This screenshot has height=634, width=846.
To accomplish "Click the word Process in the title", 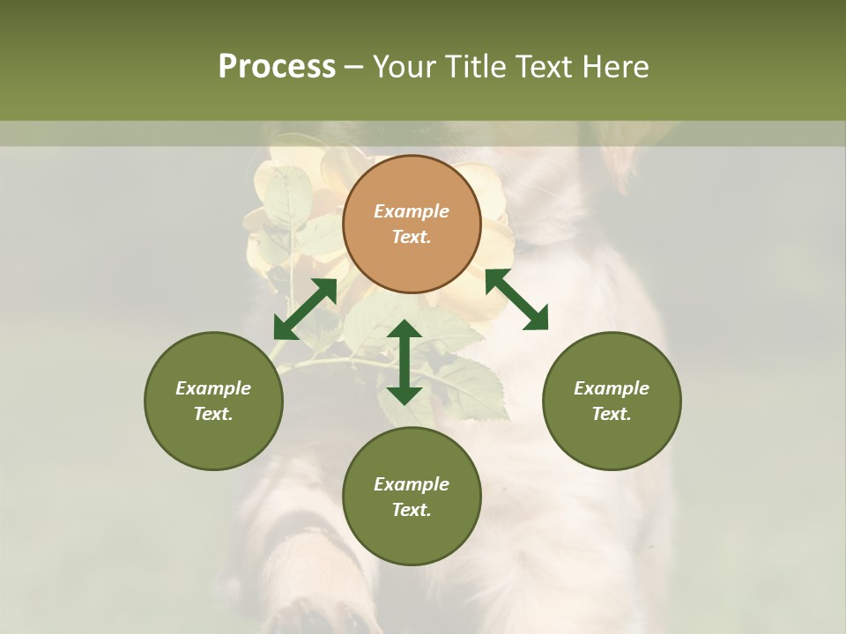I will click(x=277, y=67).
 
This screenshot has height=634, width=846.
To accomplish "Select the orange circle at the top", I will click(x=412, y=224).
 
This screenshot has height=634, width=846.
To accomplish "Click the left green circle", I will click(x=213, y=401).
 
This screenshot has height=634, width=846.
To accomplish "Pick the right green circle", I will click(x=612, y=401).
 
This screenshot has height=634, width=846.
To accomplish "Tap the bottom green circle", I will click(x=412, y=497).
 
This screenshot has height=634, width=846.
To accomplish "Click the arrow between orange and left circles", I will click(x=305, y=309).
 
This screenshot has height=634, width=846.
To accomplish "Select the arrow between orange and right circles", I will click(x=516, y=299).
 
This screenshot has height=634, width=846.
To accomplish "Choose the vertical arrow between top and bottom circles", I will click(x=404, y=362).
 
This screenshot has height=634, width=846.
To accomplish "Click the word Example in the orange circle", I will click(x=412, y=211).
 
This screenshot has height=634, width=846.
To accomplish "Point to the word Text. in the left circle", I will click(x=213, y=414).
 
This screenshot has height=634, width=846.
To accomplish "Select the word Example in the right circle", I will click(x=612, y=388).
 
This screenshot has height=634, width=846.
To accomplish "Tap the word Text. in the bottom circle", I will click(x=412, y=510).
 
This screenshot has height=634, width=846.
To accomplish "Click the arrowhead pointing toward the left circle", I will click(x=285, y=328).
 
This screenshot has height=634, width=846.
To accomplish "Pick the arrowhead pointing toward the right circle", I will click(x=536, y=319).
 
